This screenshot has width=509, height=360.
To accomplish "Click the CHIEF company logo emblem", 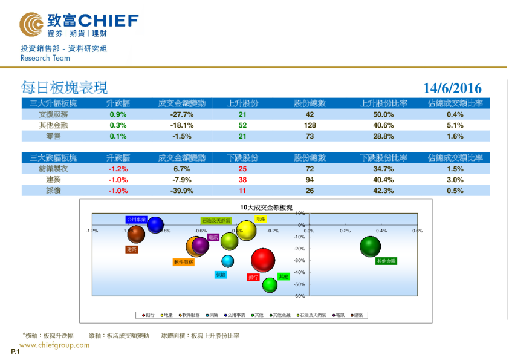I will (31, 24).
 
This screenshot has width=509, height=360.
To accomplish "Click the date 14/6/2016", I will (452, 88).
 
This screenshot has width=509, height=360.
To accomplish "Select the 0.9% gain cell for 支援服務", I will (118, 114).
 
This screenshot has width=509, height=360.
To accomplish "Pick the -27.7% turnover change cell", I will (181, 114).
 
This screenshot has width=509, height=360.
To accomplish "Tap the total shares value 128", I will (310, 125).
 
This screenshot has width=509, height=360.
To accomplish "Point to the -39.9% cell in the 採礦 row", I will (181, 191).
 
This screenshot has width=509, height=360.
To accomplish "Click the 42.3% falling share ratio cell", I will (385, 191).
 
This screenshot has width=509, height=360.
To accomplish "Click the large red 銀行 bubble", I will (263, 260).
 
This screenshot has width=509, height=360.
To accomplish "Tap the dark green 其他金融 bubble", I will (370, 246).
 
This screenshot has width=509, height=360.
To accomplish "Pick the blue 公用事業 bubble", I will (155, 225).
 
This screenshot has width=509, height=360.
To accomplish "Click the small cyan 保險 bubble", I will (227, 261).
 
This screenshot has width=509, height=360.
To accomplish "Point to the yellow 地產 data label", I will (261, 219).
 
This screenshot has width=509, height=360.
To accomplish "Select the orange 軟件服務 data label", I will (183, 263).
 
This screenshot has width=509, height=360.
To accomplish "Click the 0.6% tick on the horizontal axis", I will (417, 231).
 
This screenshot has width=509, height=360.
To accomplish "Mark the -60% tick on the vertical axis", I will (300, 296).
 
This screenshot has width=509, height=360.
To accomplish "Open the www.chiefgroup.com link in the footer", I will (54, 345).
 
